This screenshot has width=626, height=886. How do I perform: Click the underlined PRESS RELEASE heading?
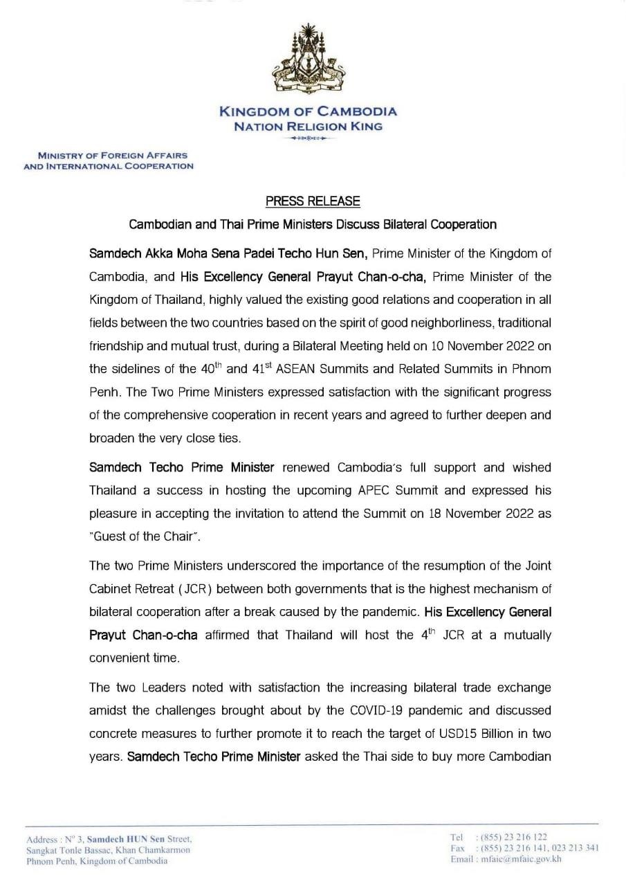313,201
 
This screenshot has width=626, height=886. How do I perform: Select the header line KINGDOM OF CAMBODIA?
308,111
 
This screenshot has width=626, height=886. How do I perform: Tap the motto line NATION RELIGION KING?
308,127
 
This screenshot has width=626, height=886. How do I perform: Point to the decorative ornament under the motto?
308,139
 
